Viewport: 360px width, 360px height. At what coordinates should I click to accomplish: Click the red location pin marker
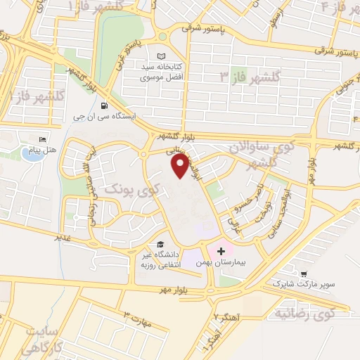pos(181,166)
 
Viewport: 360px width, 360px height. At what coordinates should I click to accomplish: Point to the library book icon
pos(162,56)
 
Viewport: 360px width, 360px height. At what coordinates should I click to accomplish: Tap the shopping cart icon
pos(303,273)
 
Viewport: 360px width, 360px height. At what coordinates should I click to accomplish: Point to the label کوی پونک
pos(132,188)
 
